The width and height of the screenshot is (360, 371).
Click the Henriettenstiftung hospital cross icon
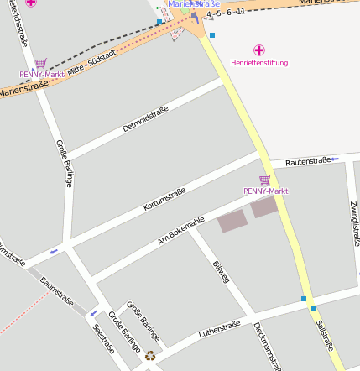tap(259, 50)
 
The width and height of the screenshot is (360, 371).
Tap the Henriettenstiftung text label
tap(259, 63)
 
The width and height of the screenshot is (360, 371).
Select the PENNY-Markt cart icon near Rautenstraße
tap(265, 180)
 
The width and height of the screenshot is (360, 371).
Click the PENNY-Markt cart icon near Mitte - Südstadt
tap(41, 63)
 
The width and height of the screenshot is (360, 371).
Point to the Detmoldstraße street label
tap(145, 118)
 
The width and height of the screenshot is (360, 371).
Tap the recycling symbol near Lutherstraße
tap(150, 356)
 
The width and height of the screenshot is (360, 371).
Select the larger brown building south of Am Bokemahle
tap(232, 221)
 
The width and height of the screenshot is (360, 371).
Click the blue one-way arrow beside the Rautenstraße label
tap(334, 159)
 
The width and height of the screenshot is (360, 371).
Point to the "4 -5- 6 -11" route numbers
tap(225, 12)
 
